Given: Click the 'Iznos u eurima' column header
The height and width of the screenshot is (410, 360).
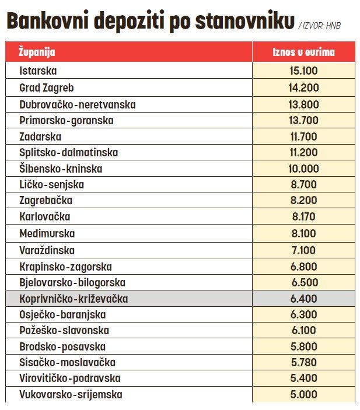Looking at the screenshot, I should click(303, 52).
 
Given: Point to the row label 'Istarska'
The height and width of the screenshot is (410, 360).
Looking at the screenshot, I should click(38, 71).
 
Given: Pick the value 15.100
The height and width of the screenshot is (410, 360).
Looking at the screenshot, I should click(303, 71).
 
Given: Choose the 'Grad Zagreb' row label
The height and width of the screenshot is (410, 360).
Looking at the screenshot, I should click(47, 87).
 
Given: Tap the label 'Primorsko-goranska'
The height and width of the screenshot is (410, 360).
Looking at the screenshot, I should click(67, 120).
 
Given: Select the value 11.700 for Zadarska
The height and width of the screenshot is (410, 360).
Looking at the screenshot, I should click(303, 136).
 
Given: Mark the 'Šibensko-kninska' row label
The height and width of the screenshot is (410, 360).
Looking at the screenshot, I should click(61, 169).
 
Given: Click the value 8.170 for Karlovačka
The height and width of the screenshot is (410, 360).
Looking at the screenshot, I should click(303, 217).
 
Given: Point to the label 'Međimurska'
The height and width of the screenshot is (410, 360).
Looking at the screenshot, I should click(47, 233).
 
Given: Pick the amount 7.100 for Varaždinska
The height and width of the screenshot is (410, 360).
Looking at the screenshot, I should click(303, 250).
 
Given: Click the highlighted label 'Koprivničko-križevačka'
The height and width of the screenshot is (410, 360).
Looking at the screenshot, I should click(74, 299).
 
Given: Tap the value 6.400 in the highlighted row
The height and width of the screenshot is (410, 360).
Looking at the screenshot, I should click(303, 299).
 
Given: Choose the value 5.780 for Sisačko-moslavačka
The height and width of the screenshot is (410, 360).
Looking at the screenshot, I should click(303, 362).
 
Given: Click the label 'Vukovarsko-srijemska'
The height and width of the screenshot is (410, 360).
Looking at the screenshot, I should click(71, 394).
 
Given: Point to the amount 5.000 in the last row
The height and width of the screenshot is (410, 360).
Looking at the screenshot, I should click(303, 394).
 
